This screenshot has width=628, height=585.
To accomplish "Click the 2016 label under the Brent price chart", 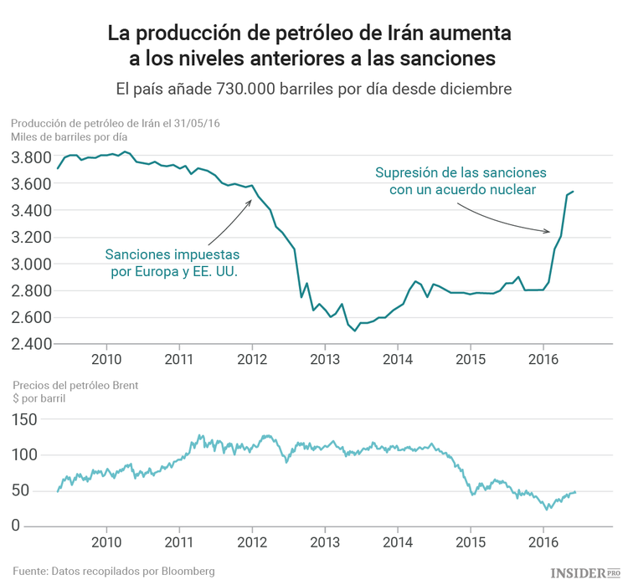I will tap(543, 542).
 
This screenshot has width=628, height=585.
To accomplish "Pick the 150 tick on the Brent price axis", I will tap(26, 419).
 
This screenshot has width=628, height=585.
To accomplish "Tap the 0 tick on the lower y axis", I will tap(16, 526).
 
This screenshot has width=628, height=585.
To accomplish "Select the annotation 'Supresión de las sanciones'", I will tap(461, 182).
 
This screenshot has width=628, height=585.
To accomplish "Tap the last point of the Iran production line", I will tap(574, 192).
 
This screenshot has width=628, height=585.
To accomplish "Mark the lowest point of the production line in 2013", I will tap(355, 331).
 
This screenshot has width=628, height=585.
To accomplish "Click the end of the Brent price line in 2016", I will tap(575, 491).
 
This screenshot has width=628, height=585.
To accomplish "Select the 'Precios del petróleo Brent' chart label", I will tap(75, 385).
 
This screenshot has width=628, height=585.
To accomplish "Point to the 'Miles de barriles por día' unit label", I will tap(69, 136).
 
